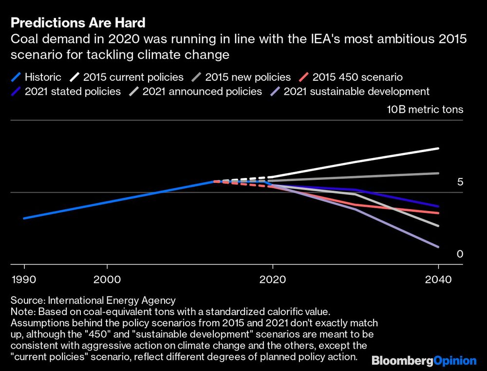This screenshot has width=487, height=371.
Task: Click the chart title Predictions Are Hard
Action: pyautogui.click(x=78, y=22)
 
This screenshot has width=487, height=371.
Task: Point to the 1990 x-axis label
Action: pyautogui.click(x=24, y=281)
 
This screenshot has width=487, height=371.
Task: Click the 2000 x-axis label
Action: pyautogui.click(x=107, y=281)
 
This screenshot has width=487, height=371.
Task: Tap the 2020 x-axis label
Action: pyautogui.click(x=273, y=281)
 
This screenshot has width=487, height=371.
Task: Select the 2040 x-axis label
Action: pyautogui.click(x=438, y=281)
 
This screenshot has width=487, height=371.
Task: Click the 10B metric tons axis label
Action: pyautogui.click(x=425, y=110)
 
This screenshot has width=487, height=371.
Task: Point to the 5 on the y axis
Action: pyautogui.click(x=460, y=182)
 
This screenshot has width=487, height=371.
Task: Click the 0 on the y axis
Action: pyautogui.click(x=460, y=254)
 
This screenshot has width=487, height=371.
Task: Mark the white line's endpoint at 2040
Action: pyautogui.click(x=438, y=148)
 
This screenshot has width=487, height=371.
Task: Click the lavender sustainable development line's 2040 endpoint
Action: pyautogui.click(x=438, y=247)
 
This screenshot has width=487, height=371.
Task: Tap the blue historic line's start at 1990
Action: pyautogui.click(x=24, y=218)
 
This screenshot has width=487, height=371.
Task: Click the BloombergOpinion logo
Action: pyautogui.click(x=424, y=360)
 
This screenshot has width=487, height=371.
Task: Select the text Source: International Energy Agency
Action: pyautogui.click(x=93, y=300)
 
